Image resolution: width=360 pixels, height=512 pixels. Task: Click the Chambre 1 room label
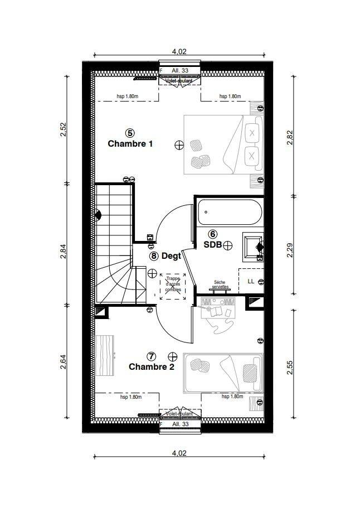130,144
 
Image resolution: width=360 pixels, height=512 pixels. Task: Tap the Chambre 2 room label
152,366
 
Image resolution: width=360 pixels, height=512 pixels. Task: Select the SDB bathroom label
212,245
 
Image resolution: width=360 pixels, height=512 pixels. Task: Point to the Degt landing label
171,256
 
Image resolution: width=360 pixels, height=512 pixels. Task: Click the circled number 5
130,133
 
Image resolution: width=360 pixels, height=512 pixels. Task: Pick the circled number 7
152,356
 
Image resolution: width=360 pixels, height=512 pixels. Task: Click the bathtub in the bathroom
230,212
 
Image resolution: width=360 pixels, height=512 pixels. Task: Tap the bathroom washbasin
253,247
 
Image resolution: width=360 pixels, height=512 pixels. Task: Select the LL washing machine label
251,281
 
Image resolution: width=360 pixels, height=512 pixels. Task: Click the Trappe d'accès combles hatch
173,287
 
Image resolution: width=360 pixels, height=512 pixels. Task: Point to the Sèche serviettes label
220,284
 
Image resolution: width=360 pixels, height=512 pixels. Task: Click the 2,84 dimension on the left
64,252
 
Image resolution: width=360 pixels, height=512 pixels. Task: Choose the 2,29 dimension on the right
290,250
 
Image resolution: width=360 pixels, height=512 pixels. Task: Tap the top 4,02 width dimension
179,51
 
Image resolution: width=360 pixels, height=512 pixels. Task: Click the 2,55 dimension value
290,368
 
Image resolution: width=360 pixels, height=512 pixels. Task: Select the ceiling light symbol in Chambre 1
179,146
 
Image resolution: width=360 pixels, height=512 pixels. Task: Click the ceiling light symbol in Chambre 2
172,356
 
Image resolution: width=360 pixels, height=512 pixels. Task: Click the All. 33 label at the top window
180,70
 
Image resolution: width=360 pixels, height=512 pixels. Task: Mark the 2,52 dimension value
64,129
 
